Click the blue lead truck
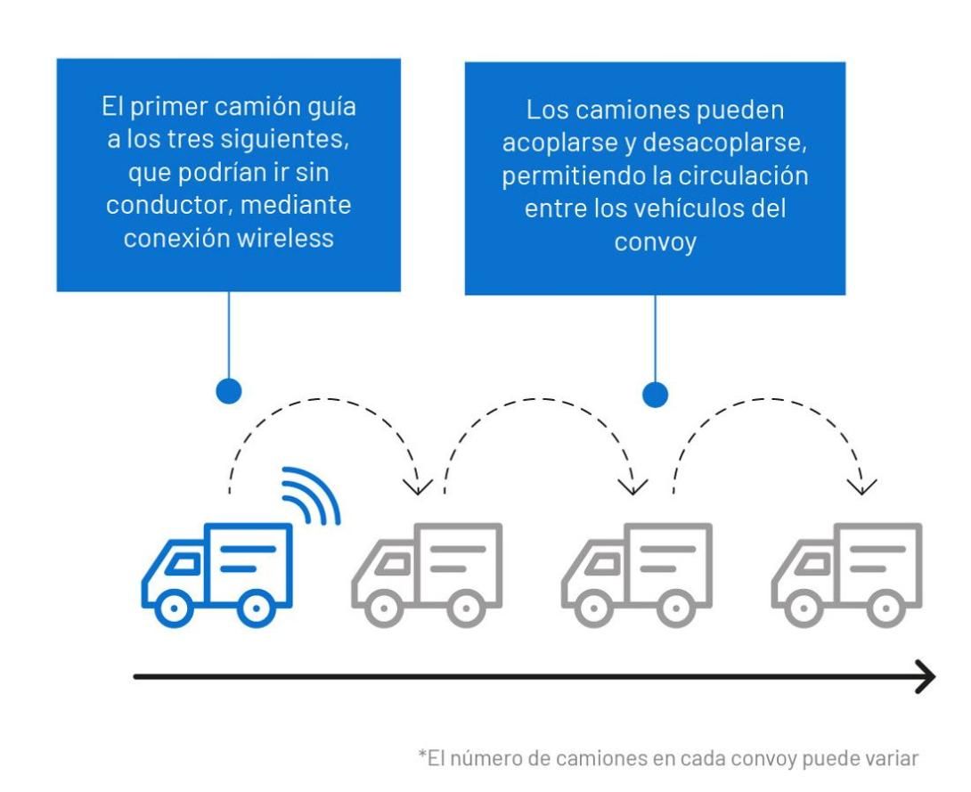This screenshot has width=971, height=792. tap(216, 575)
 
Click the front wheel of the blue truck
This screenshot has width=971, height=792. tap(174, 608)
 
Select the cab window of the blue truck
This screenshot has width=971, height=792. tap(184, 564)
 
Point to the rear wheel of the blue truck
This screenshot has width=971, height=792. tap(257, 608)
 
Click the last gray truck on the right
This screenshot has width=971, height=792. tap(846, 575)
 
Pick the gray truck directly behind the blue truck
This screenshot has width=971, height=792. tap(427, 575)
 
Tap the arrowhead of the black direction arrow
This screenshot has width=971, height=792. tap(926, 677)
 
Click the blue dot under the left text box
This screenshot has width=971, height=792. tap(229, 391)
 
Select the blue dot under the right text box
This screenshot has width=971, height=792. tap(655, 395)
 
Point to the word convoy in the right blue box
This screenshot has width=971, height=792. tap(655, 242)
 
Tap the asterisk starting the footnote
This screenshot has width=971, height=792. tap(422, 755)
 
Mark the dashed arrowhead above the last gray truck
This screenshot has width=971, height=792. tap(862, 486)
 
